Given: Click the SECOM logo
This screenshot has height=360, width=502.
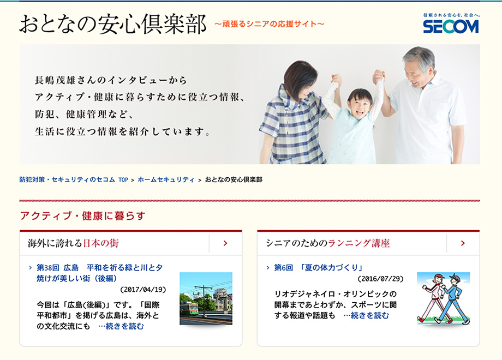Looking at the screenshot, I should [x=451, y=25].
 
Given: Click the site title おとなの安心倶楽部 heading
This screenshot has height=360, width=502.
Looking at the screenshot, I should [x=113, y=24].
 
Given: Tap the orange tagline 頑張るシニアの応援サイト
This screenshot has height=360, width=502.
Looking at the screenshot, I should [x=270, y=24].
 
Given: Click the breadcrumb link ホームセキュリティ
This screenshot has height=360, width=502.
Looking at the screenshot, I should [x=166, y=179].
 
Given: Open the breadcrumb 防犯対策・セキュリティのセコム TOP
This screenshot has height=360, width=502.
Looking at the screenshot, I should [x=74, y=179].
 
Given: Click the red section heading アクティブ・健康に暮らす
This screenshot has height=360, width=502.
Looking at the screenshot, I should [x=82, y=215].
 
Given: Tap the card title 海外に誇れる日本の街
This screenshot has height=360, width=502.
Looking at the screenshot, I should [x=73, y=243].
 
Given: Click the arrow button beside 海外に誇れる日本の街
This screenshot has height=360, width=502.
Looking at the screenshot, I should [x=225, y=243].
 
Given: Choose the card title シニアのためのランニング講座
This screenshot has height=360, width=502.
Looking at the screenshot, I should [x=328, y=243].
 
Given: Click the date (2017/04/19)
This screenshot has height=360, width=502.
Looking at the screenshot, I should [x=143, y=289].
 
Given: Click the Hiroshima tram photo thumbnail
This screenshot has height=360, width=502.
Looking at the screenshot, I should [x=206, y=298].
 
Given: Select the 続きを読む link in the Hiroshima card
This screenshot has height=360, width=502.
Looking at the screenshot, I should [x=122, y=326].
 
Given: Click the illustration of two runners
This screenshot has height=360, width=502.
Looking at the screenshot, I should [x=443, y=298].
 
